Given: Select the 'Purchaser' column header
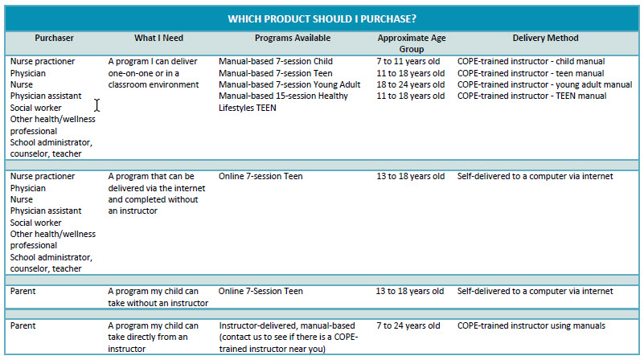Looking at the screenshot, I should pyautogui.click(x=54, y=38).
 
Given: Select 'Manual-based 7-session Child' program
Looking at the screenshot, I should pyautogui.click(x=275, y=61).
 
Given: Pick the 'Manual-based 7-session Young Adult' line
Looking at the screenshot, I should pyautogui.click(x=291, y=84).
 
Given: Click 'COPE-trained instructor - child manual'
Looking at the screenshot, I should pyautogui.click(x=531, y=61).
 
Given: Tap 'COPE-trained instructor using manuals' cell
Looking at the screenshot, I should pyautogui.click(x=531, y=325).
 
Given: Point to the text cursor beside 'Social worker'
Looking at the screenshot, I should pyautogui.click(x=96, y=105).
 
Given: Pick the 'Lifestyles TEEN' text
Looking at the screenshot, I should pyautogui.click(x=247, y=108).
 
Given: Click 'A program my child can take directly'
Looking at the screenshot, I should pyautogui.click(x=153, y=331).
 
